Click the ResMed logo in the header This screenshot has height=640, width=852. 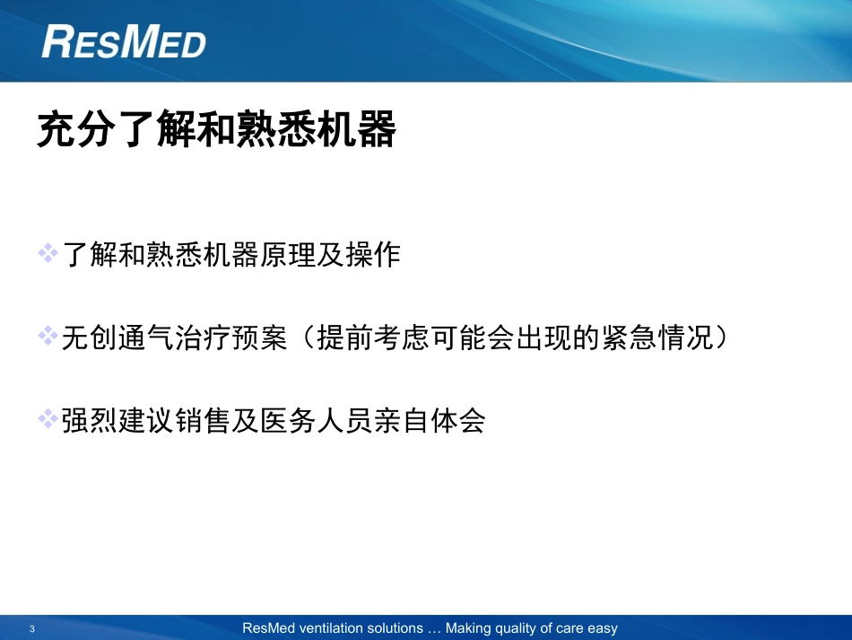124,42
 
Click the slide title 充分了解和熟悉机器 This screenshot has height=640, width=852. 216,129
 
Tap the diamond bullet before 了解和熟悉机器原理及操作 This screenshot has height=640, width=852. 48,253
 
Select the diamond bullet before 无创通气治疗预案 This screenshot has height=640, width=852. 48,336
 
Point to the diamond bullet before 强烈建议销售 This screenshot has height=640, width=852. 48,418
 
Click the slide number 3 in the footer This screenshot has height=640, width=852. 32,629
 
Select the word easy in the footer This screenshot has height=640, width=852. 602,629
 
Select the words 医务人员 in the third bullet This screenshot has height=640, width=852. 317,420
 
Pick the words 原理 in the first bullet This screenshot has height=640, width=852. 288,255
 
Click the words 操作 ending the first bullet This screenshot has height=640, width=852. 373,255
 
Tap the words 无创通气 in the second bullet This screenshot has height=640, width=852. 117,338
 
